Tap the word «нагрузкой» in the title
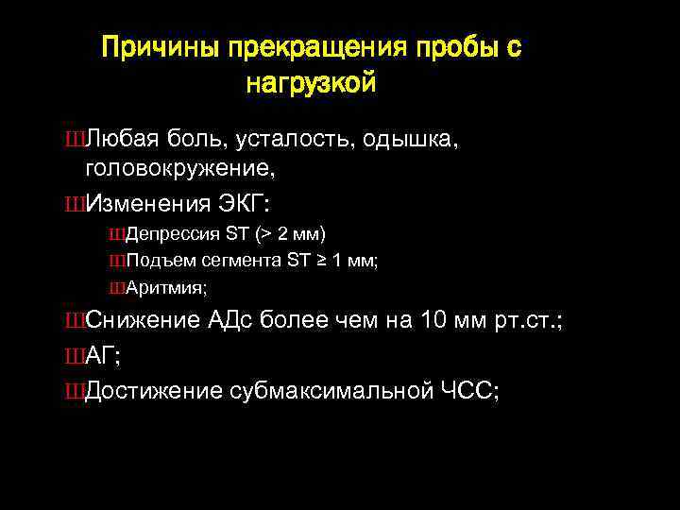click(311, 84)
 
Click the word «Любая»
click(123, 140)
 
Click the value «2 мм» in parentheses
click(297, 233)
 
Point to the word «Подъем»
click(155, 260)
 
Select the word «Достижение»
click(153, 390)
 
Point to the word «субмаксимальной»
click(329, 390)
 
